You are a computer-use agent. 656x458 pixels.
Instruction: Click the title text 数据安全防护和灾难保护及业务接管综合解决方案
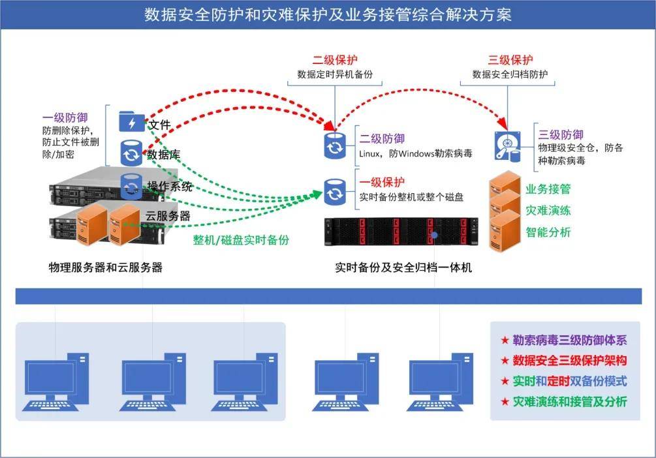click(328, 15)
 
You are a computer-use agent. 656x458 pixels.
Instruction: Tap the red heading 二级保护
click(335, 60)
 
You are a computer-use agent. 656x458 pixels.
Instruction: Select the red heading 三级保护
click(510, 60)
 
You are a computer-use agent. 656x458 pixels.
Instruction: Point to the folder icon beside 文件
click(131, 122)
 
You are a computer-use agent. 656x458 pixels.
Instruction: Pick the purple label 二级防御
click(382, 138)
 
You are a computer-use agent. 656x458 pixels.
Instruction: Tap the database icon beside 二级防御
click(335, 145)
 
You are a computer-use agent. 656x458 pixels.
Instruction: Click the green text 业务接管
click(548, 189)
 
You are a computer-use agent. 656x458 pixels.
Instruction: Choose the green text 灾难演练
click(548, 211)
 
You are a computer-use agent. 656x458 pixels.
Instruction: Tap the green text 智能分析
click(548, 232)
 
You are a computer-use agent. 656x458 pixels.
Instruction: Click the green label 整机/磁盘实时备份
click(240, 239)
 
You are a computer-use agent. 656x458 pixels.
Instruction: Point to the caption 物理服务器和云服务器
click(105, 267)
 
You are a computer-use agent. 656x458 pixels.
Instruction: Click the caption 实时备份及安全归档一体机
click(403, 267)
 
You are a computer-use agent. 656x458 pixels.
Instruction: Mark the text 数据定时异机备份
click(335, 74)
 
